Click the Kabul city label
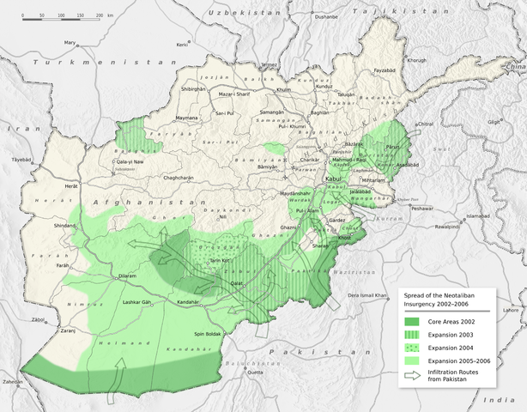[333, 179]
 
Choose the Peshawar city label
[421, 209]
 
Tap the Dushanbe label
[326, 16]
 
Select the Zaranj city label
[45, 329]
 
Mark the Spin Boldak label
[209, 333]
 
